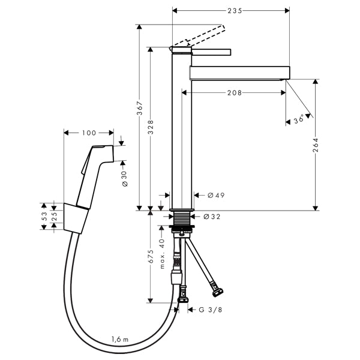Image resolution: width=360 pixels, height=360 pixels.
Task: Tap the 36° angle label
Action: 298,120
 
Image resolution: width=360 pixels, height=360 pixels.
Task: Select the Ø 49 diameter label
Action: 215,195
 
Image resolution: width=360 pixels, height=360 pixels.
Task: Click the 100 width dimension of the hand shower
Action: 89,133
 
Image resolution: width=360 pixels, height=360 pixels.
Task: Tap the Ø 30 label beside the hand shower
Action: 124,176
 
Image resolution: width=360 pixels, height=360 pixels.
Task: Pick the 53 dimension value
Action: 44,217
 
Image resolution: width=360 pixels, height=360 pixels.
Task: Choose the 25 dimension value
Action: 54,217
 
